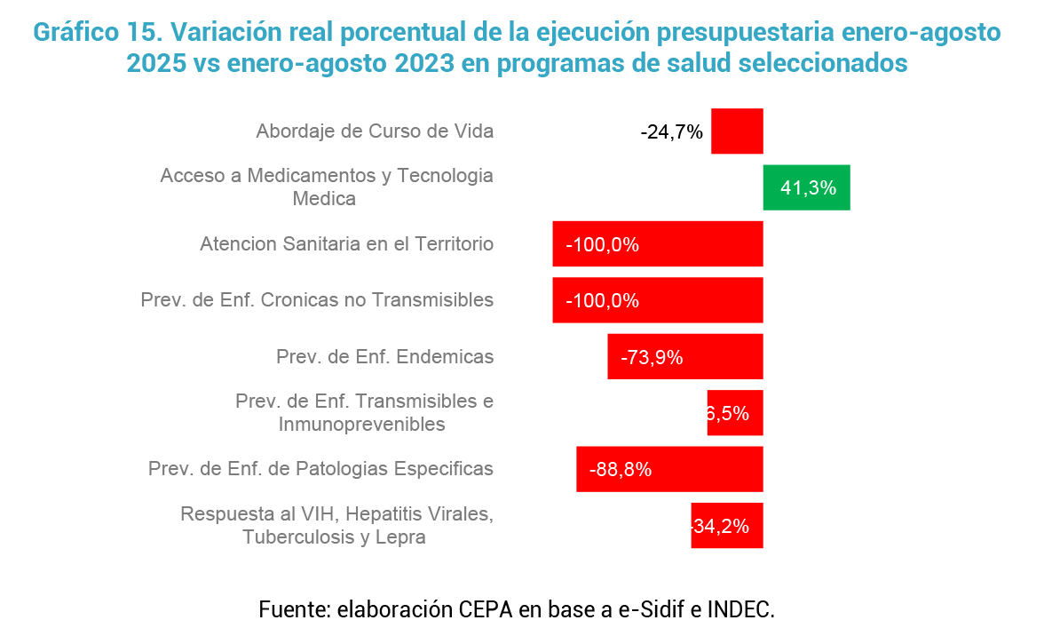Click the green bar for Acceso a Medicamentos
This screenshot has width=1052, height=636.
[x=806, y=187]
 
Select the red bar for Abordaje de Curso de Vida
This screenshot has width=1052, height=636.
[x=737, y=131]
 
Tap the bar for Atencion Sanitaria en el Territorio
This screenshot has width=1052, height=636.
[x=658, y=243]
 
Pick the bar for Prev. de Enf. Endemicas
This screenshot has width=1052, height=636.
[x=685, y=356]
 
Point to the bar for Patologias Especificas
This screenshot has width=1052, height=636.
[x=669, y=469]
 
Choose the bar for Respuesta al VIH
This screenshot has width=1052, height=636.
[x=727, y=525]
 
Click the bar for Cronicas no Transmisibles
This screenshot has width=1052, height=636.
[x=658, y=300]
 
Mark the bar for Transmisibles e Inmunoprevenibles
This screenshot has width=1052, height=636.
[x=735, y=413]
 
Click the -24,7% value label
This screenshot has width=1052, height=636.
[x=671, y=132]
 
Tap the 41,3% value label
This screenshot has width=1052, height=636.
[x=808, y=188]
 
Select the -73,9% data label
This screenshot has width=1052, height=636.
[x=651, y=357]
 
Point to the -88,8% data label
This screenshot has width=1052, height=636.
[x=621, y=470]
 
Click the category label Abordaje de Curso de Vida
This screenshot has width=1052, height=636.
[x=375, y=131]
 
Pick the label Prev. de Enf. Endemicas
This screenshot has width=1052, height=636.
[x=384, y=357]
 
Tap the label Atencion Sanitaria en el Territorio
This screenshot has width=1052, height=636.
[x=346, y=244]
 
